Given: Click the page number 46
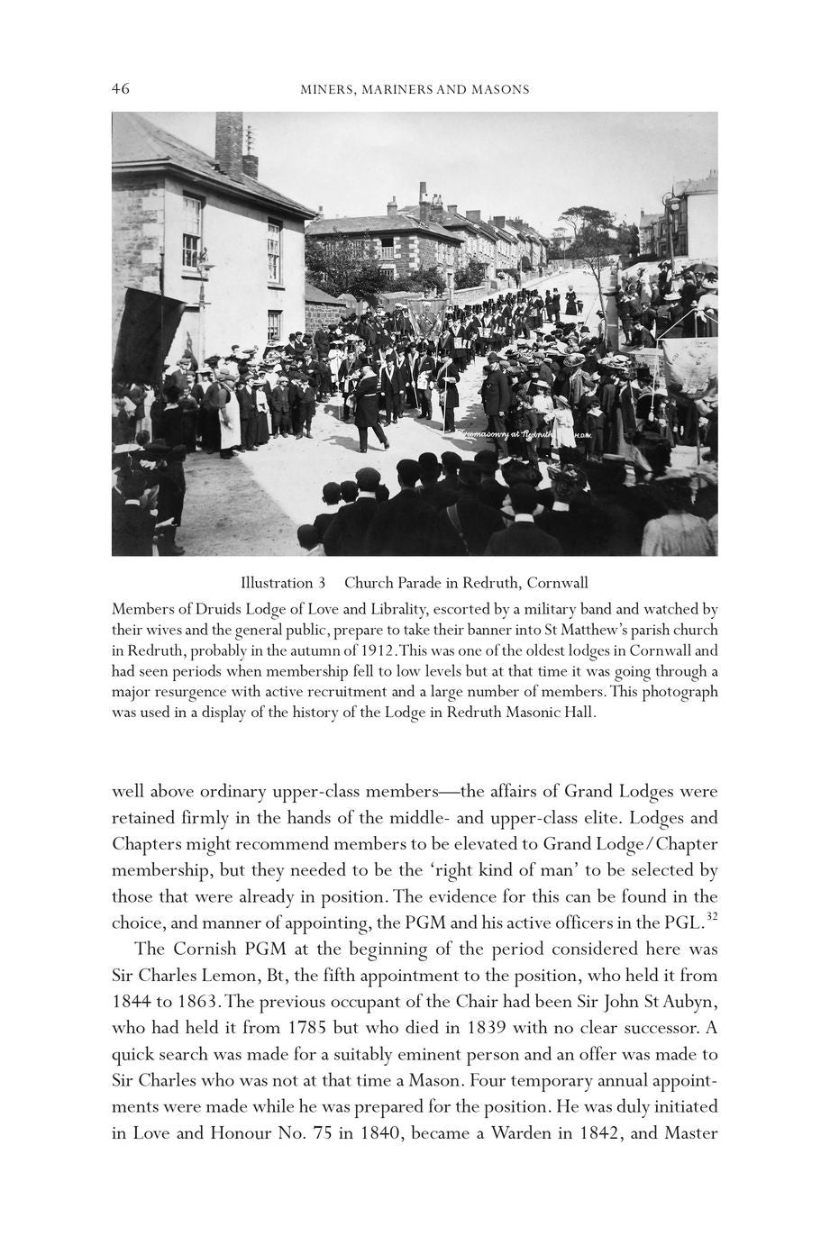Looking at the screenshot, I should click(x=121, y=88).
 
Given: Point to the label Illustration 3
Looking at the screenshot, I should click(x=282, y=582).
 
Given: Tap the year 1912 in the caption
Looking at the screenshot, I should click(x=376, y=650).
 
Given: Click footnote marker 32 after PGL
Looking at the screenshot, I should click(x=710, y=916).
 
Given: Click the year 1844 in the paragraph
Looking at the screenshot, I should click(x=132, y=1001).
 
